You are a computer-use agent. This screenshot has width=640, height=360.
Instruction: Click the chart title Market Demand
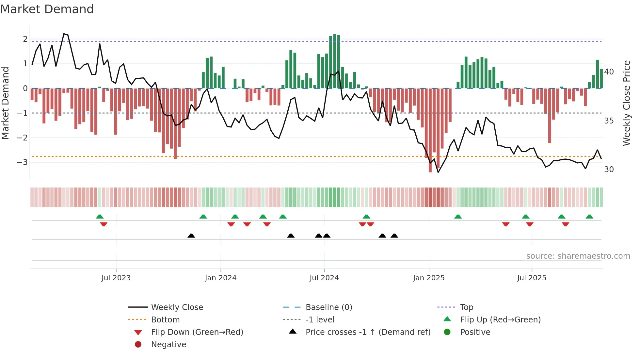pos(47,9)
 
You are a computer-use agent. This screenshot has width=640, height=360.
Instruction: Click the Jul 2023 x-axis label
pos(116,278)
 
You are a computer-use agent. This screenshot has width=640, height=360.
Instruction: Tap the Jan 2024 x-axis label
pos(220,278)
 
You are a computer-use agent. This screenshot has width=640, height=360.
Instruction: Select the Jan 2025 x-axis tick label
pos(428,278)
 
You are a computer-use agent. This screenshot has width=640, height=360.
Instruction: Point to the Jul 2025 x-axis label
pos(532,278)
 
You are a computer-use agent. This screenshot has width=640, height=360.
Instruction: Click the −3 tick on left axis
pos(22,162)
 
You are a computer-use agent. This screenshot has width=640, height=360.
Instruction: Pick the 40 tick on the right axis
pos(609,72)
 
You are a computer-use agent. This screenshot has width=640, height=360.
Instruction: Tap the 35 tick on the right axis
pos(609,121)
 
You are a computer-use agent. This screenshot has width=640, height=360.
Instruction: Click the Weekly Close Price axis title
pos(626,103)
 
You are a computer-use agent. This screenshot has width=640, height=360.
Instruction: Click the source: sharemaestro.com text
pos(578,256)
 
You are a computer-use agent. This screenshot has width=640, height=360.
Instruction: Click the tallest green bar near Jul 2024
pos(335,61)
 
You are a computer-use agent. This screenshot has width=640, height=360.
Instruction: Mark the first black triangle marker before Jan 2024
pos(191,236)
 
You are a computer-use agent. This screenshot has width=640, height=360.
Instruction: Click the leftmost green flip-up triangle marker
pos(100,217)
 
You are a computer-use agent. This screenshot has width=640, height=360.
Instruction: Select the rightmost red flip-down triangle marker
pos(566,224)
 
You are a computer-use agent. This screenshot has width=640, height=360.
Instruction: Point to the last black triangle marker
pos(394,236)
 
